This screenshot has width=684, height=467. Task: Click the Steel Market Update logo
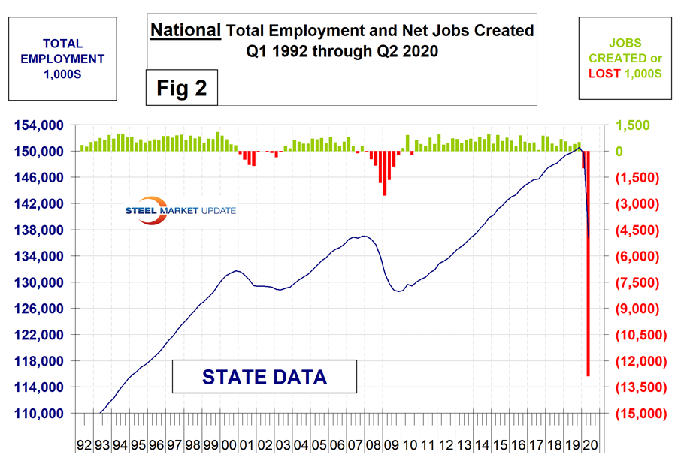pos(180,211)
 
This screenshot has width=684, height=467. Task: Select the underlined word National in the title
pos(186,32)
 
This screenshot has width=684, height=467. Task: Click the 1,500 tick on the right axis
pos(631,125)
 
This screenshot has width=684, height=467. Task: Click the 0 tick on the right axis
pos(620,152)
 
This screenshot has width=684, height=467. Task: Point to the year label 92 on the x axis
pos(83,445)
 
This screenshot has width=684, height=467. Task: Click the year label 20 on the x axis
pos(591,445)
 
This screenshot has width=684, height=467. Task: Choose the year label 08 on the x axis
pos(374,445)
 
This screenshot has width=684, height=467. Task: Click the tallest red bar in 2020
pos(588,263)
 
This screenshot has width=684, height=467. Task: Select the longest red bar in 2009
pos(385,173)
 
